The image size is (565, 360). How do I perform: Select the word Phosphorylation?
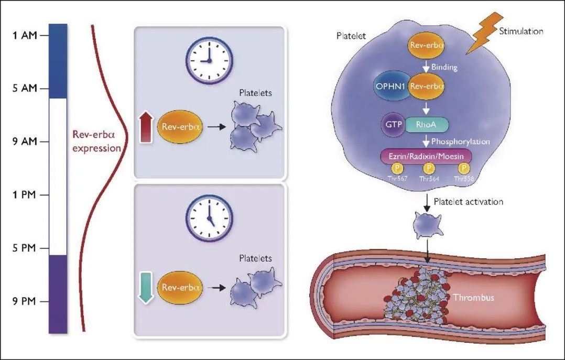(463, 141)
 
